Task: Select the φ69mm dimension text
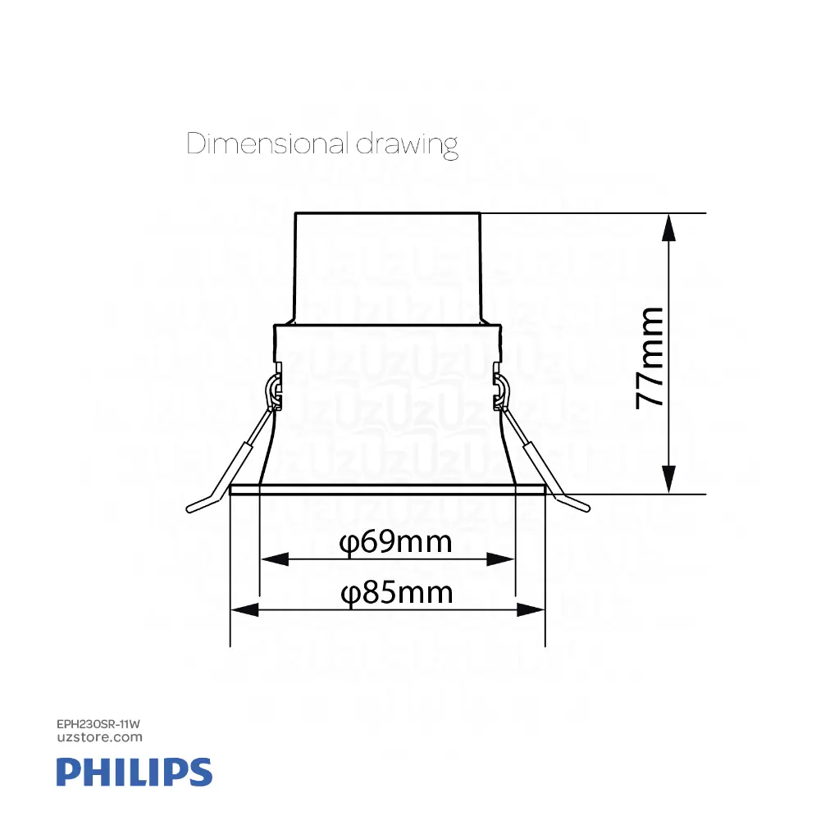tap(396, 542)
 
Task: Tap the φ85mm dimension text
tap(397, 592)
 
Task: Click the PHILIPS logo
tap(135, 773)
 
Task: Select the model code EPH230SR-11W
tap(100, 725)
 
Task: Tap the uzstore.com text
tap(100, 737)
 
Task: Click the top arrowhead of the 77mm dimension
tap(670, 226)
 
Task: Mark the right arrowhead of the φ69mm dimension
tap(501, 559)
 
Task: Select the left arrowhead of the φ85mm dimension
tap(244, 609)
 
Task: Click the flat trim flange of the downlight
tap(387, 490)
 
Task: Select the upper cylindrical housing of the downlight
tap(386, 267)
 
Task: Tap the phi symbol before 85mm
tap(350, 593)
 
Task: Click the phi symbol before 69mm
tap(349, 543)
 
